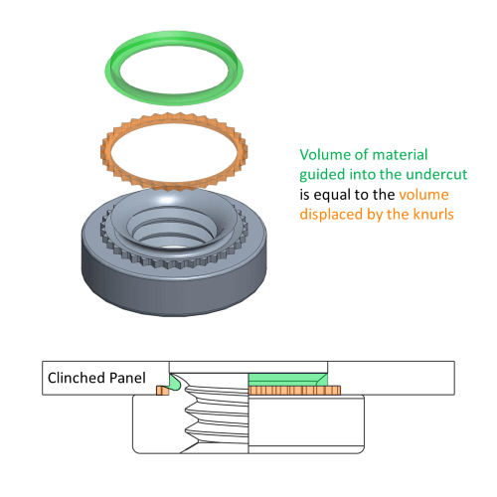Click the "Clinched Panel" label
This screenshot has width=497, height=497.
click(95, 378)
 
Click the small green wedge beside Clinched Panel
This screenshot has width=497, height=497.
click(175, 381)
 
